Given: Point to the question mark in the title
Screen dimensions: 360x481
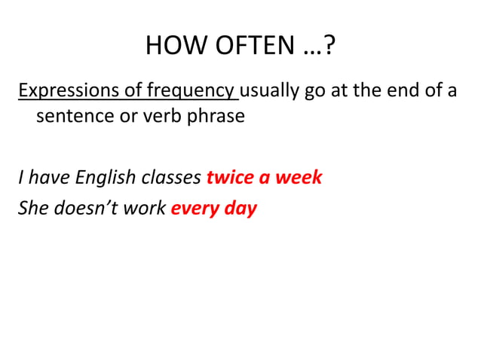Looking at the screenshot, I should pos(331,47).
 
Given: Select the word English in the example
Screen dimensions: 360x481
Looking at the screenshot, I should pos(99,178).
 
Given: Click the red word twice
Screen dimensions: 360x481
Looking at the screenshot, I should pos(229,178).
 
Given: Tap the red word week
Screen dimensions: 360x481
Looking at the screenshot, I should pos(299,178).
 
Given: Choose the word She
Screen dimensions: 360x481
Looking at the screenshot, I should pos(32,208).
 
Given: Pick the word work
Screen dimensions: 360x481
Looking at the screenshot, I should pos(146,208).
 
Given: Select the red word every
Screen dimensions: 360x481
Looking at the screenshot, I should pos(195,208).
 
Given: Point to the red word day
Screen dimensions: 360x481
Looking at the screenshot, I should pos(240,208).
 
